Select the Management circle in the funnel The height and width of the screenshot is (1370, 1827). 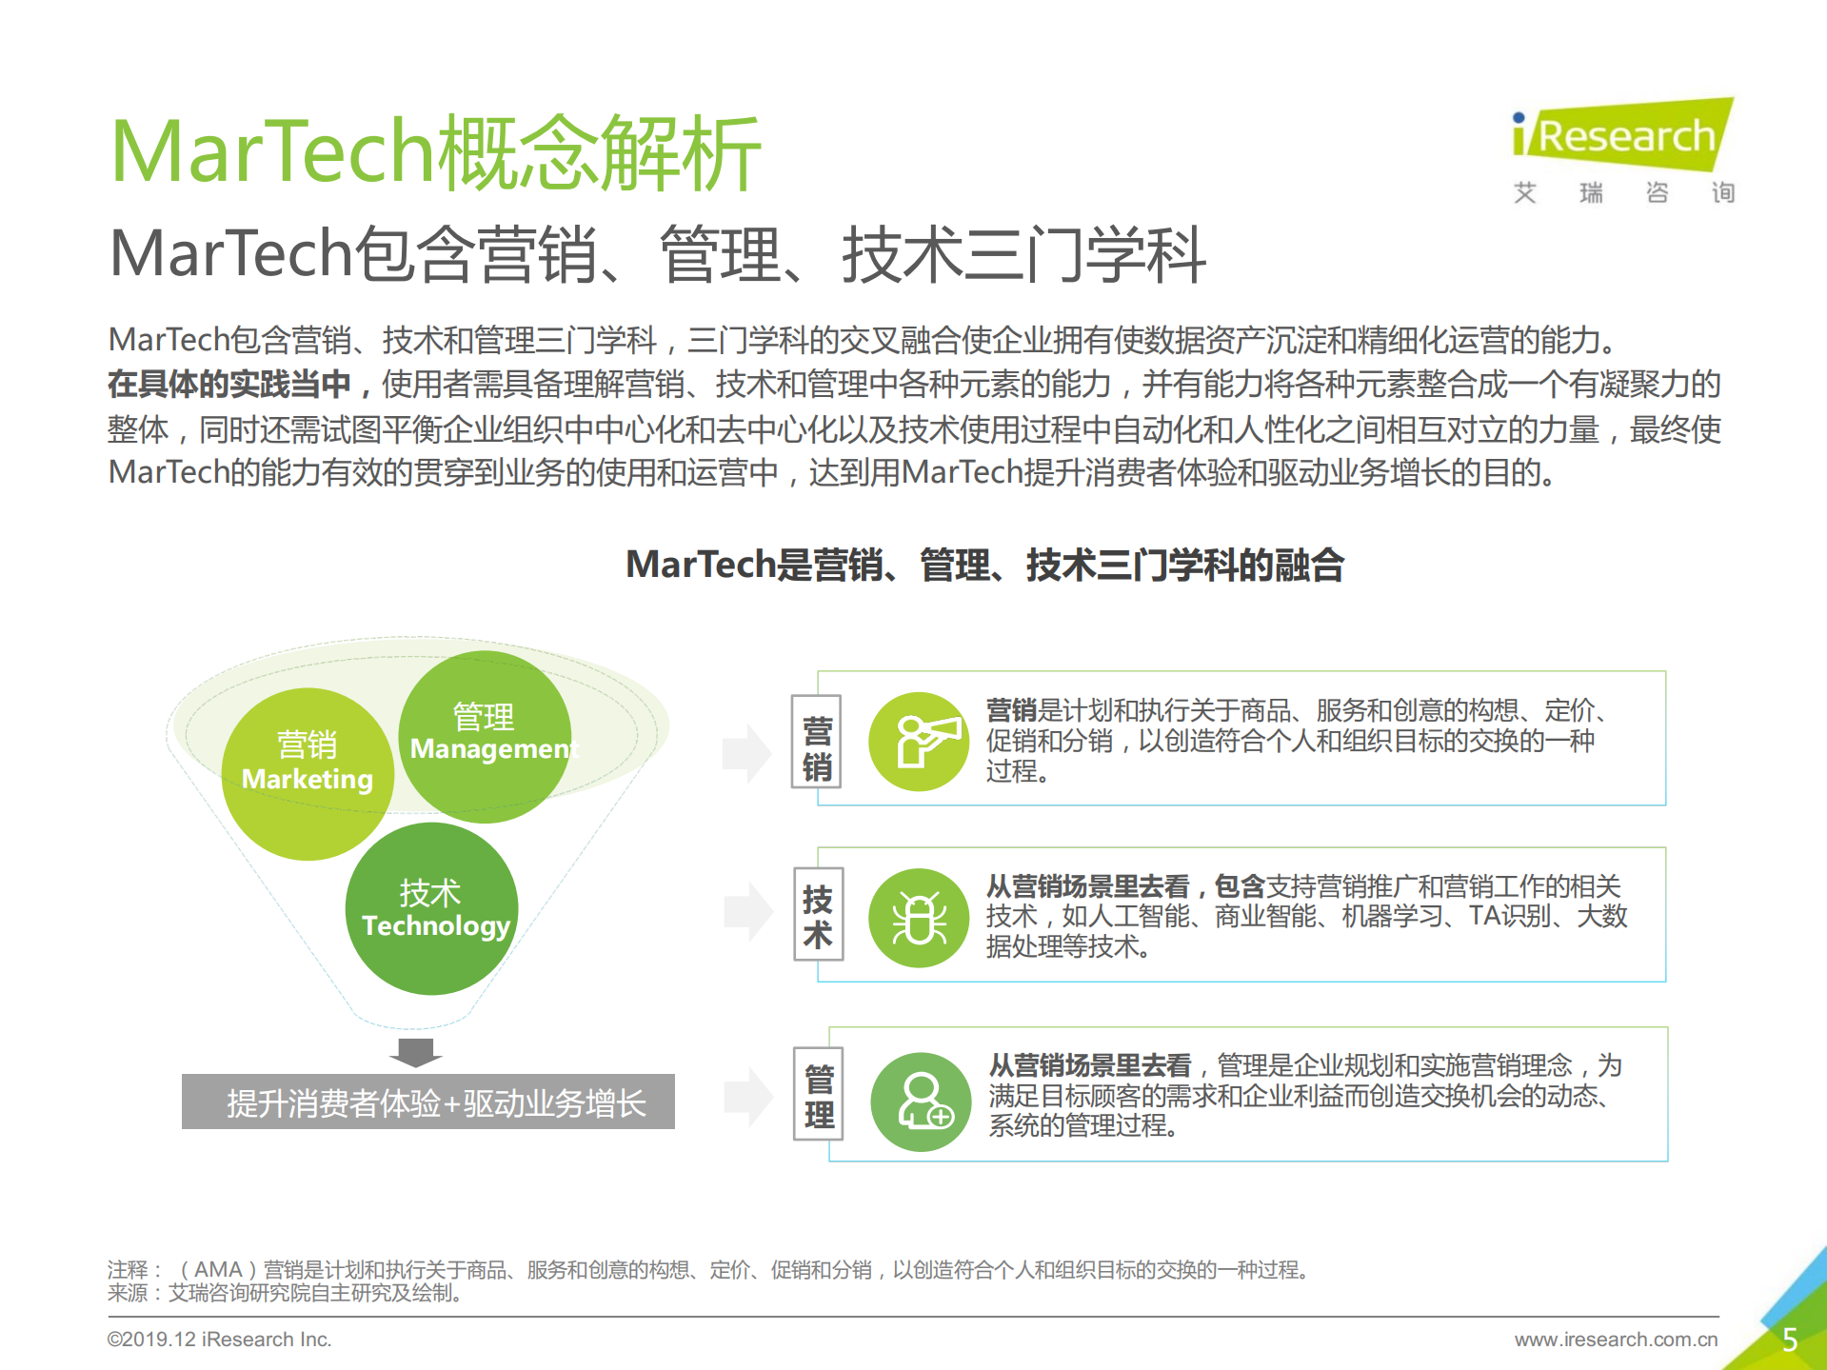pos(485,736)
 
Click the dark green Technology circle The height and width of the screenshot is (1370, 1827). pos(431,908)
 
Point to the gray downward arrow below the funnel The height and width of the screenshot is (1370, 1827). pos(416,1052)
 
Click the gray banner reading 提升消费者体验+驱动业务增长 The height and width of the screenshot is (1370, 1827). pos(428,1102)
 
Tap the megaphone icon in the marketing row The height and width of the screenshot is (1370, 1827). pos(919,742)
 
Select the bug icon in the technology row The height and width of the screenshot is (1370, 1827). pos(919,918)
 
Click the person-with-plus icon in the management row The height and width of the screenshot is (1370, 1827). pos(921,1102)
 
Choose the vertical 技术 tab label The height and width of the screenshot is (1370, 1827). pos(818,916)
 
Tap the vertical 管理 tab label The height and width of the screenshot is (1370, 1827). pos(819,1096)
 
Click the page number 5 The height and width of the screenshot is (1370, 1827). pos(1789,1340)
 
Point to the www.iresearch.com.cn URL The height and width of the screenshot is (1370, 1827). pos(1616,1340)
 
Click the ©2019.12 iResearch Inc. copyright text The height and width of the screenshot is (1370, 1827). pos(219,1340)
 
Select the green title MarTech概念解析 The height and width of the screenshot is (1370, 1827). pos(435,152)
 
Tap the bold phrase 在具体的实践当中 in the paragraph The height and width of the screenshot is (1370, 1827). pos(228,384)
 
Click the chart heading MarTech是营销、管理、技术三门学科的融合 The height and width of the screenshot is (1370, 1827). pos(984,565)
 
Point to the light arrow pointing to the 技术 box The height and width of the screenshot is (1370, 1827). pos(747,911)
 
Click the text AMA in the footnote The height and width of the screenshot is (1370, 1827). pos(218,1269)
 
